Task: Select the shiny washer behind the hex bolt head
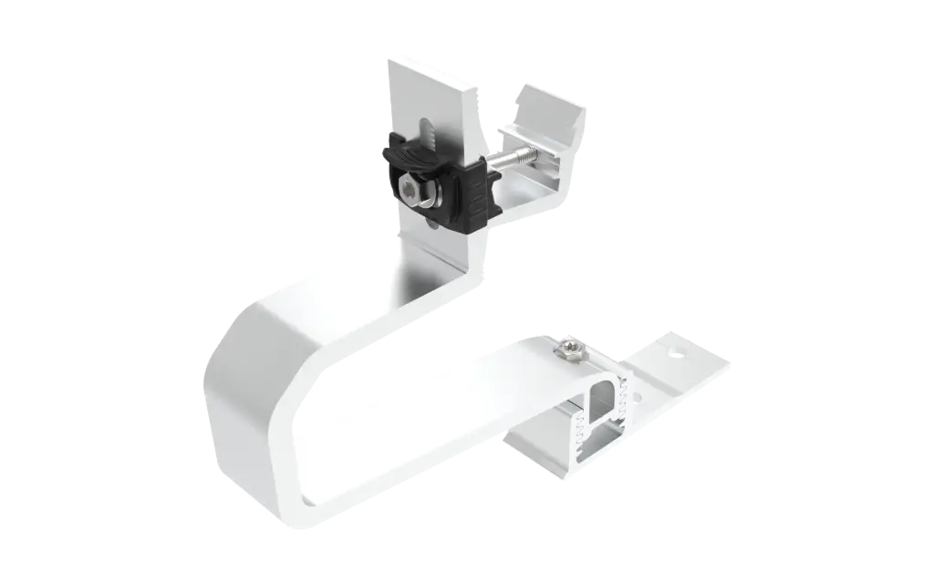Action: click(x=423, y=194)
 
